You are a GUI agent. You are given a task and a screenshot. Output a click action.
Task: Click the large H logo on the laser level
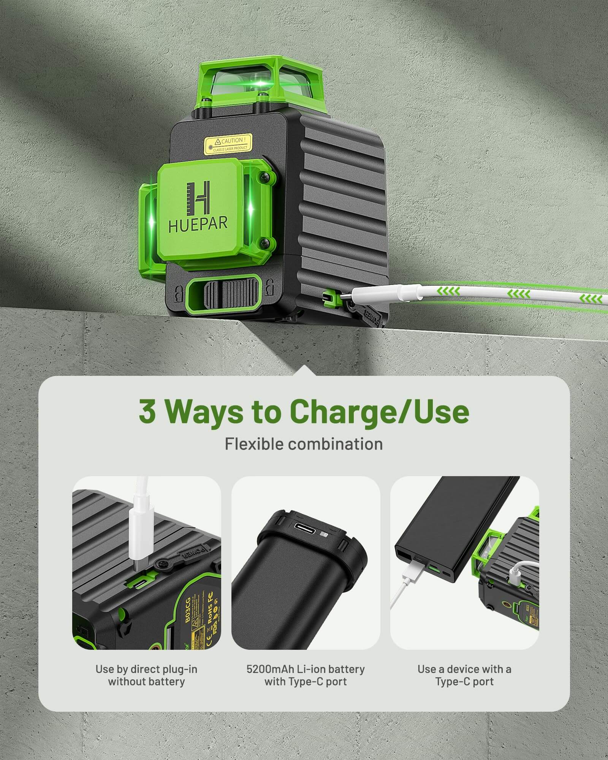(x=199, y=197)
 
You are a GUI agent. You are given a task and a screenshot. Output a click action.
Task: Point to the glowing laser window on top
(x=261, y=83)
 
